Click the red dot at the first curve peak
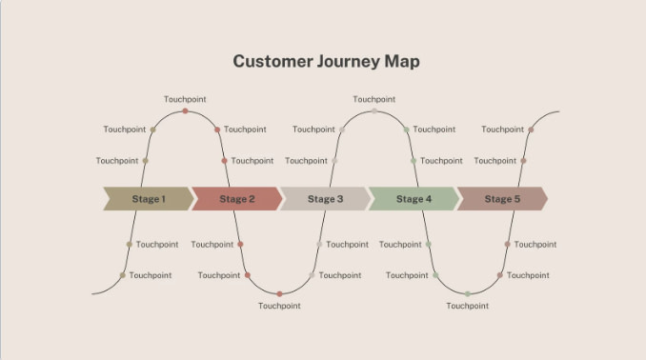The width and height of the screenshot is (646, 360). coord(185,111)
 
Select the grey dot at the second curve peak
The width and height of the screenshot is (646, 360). coord(373,111)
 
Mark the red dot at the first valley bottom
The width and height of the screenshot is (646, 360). coord(279,293)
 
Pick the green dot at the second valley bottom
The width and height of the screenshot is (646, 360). coord(467,293)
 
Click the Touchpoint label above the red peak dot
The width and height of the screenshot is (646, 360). coord(185,99)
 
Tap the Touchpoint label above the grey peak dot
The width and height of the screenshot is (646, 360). coord(373,99)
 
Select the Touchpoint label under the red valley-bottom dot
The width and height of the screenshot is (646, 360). coord(279,306)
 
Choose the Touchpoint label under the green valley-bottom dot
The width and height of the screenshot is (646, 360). coord(467,306)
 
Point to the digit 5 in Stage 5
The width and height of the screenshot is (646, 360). coord(517,199)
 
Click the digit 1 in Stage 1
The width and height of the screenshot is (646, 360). coord(163,199)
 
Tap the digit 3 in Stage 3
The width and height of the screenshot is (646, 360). coord(340,199)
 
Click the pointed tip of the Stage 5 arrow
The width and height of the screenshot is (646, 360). coord(547,199)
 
